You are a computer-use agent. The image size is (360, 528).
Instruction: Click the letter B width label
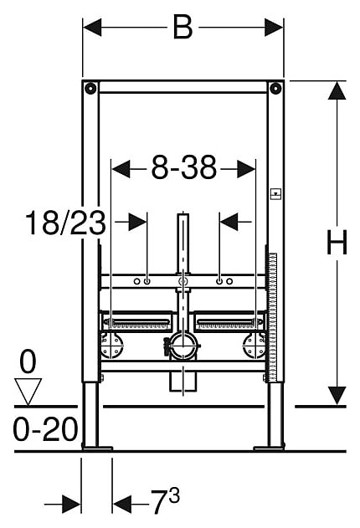(x=183, y=27)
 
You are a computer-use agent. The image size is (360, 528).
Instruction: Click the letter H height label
(x=337, y=242)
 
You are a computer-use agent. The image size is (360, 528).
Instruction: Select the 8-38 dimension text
(x=183, y=167)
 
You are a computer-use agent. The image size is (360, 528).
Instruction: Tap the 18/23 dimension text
(x=65, y=223)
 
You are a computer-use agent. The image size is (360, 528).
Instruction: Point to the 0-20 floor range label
(x=45, y=429)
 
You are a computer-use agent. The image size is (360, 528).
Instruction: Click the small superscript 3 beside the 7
(x=174, y=495)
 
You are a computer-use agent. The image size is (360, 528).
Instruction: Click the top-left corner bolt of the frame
(x=90, y=89)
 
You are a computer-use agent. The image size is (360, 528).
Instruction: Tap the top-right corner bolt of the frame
(x=275, y=89)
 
